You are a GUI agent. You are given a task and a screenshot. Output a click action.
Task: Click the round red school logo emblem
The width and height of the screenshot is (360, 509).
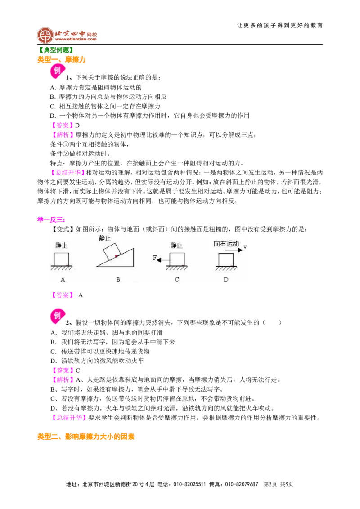coord(45,35)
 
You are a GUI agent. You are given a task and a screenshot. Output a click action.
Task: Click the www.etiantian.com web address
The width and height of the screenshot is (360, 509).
coord(76,39)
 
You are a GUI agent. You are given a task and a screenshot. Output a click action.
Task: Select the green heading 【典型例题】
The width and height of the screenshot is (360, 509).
coord(55,50)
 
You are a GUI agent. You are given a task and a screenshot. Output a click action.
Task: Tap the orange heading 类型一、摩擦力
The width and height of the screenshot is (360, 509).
coord(61,59)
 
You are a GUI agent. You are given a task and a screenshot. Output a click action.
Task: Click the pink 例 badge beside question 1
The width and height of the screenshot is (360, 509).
coord(58,71)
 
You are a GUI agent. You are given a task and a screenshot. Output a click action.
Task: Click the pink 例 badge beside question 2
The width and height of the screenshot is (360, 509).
coord(58,316)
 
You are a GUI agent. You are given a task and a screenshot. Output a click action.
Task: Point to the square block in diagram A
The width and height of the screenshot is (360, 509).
coord(61,259)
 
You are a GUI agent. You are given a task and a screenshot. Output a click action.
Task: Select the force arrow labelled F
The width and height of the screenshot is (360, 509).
coord(163,260)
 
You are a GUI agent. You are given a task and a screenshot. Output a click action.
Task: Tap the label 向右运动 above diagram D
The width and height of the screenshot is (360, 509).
coord(226,243)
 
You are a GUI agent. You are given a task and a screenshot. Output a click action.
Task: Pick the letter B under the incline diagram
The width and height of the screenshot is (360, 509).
coord(118,280)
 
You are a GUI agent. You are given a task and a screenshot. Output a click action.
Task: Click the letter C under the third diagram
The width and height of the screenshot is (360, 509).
coord(177,280)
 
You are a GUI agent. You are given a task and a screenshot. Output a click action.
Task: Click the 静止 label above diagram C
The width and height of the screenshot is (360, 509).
coord(176,246)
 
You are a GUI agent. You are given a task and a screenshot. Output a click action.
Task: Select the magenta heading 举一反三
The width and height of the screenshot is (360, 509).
coord(51,220)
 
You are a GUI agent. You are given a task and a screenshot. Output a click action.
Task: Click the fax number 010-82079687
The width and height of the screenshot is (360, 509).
coord(241,484)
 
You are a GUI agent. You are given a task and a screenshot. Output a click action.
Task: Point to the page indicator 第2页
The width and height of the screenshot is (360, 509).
coord(270,484)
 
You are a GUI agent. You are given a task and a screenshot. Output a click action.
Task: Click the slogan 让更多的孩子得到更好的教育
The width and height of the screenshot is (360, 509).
coord(280,26)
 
